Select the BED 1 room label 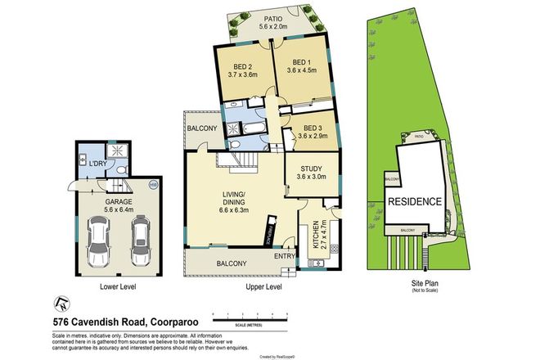(302, 62)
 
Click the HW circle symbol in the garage (152, 185)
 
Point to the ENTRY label (286, 255)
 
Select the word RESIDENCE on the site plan (414, 201)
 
